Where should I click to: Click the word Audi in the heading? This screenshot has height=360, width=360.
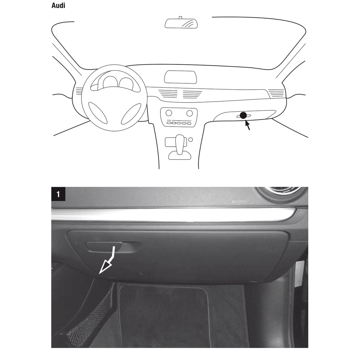pos(58,6)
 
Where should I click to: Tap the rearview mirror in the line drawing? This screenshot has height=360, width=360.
pos(181,23)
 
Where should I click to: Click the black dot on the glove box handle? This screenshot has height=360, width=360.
pos(243,115)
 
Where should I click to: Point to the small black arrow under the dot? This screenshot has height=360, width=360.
pos(247,124)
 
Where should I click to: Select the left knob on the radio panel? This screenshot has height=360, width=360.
pos(169,113)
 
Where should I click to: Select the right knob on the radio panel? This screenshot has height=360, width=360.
pos(189,113)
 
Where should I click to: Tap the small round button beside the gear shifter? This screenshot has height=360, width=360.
pos(191,140)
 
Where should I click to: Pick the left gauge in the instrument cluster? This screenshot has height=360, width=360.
pos(110,82)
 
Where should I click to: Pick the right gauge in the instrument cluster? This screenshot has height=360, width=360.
pos(126,83)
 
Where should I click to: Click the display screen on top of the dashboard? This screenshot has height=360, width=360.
pos(180,77)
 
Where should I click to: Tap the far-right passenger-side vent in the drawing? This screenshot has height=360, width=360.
pos(276,93)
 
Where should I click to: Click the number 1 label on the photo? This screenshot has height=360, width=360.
pos(58,194)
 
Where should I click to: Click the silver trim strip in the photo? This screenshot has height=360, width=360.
pos(174,214)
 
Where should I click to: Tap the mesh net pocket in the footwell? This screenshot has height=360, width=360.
pos(91,316)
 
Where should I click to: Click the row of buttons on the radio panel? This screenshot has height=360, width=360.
pos(179,123)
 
